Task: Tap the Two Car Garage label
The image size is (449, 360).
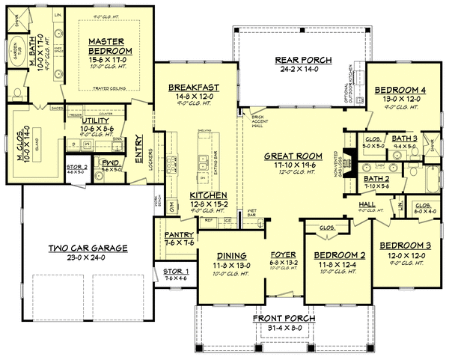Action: coord(88,248)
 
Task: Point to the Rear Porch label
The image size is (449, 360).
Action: coord(298,60)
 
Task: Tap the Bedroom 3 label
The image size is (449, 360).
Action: coord(403,245)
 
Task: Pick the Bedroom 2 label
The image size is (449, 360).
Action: coord(334,254)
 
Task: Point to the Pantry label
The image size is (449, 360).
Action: coord(179,234)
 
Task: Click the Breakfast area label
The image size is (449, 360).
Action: coord(192,87)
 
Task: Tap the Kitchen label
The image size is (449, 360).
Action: coord(188,194)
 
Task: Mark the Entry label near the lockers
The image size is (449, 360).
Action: coord(139,143)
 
